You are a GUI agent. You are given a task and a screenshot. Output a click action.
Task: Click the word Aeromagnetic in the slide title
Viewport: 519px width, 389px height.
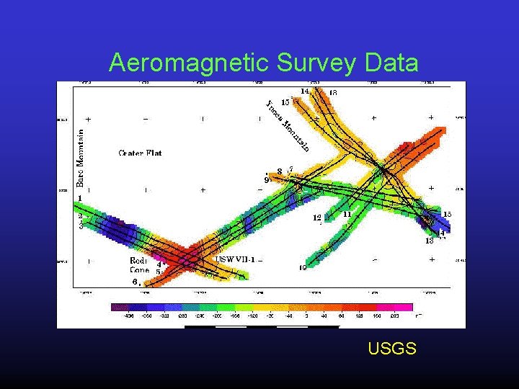[x=188, y=63]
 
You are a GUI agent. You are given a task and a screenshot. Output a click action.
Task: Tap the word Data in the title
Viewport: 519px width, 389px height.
[x=392, y=63]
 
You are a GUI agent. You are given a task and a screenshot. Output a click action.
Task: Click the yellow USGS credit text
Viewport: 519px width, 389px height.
[x=391, y=349]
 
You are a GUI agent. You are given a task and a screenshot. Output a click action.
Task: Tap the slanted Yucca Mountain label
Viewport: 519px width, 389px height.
[x=288, y=126]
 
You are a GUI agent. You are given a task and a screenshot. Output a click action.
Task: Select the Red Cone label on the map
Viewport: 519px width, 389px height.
[x=139, y=265]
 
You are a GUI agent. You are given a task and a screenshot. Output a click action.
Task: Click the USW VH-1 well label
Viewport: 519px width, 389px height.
[x=234, y=259]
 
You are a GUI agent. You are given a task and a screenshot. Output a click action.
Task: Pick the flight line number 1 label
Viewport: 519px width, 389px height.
[x=80, y=197]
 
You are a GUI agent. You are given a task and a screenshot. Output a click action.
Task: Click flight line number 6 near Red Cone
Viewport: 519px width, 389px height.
[x=134, y=281]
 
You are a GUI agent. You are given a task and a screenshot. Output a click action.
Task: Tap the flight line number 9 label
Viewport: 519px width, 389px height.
[x=267, y=180]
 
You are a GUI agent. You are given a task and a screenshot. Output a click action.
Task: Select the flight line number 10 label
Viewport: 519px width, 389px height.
[x=303, y=268]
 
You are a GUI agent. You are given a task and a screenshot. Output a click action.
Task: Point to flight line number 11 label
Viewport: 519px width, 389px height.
[x=347, y=214]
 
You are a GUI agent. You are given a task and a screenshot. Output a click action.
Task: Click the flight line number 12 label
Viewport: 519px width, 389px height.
[x=316, y=218]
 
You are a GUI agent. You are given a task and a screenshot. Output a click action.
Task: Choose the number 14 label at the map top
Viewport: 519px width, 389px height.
[x=305, y=91]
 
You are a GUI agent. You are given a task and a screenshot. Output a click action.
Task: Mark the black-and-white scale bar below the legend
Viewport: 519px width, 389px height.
[x=261, y=326]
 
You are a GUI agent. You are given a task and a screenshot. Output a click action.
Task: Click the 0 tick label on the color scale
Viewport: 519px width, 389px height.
[x=306, y=316]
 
